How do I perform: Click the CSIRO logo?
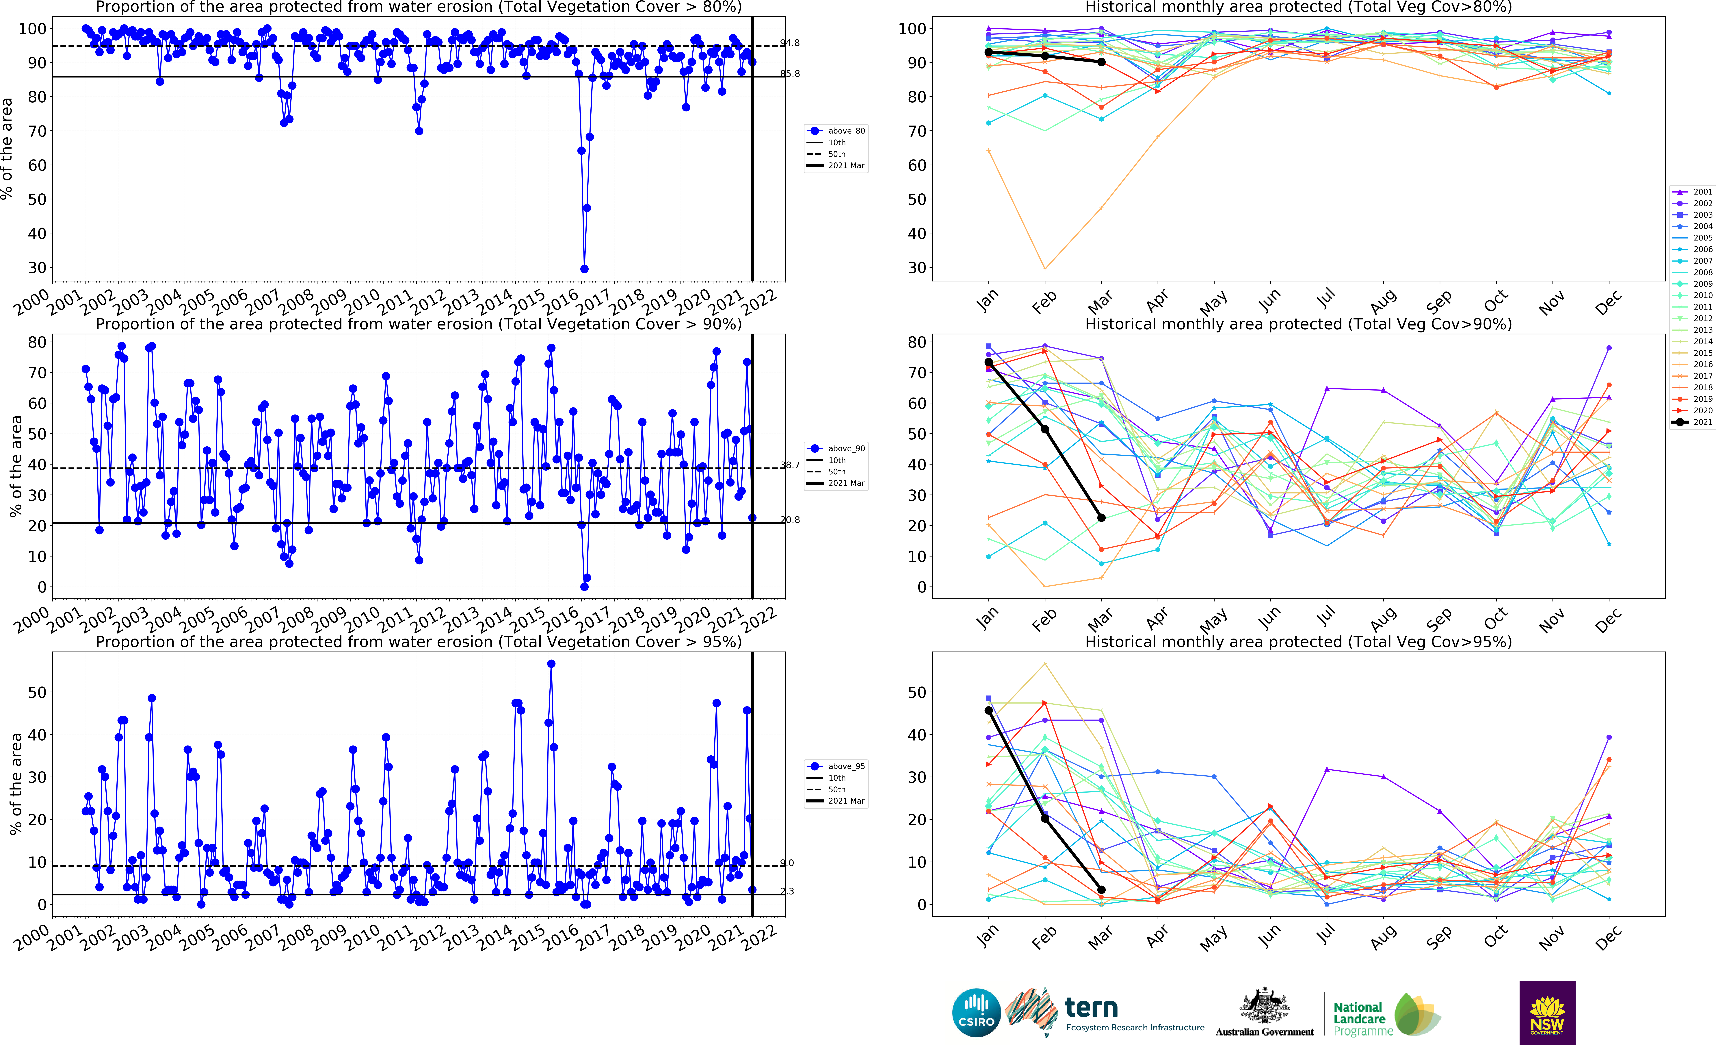[976, 1013]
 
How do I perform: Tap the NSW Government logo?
[1547, 1013]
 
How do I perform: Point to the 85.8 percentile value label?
[789, 73]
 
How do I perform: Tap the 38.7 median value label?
[789, 465]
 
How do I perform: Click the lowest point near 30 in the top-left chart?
[584, 269]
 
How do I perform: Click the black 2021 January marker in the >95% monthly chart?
[988, 710]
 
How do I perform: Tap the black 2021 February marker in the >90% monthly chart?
[1045, 429]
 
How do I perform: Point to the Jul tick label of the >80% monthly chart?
[1325, 299]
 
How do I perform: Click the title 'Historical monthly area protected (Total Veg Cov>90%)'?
[1298, 324]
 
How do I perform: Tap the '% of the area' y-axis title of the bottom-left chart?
[15, 784]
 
